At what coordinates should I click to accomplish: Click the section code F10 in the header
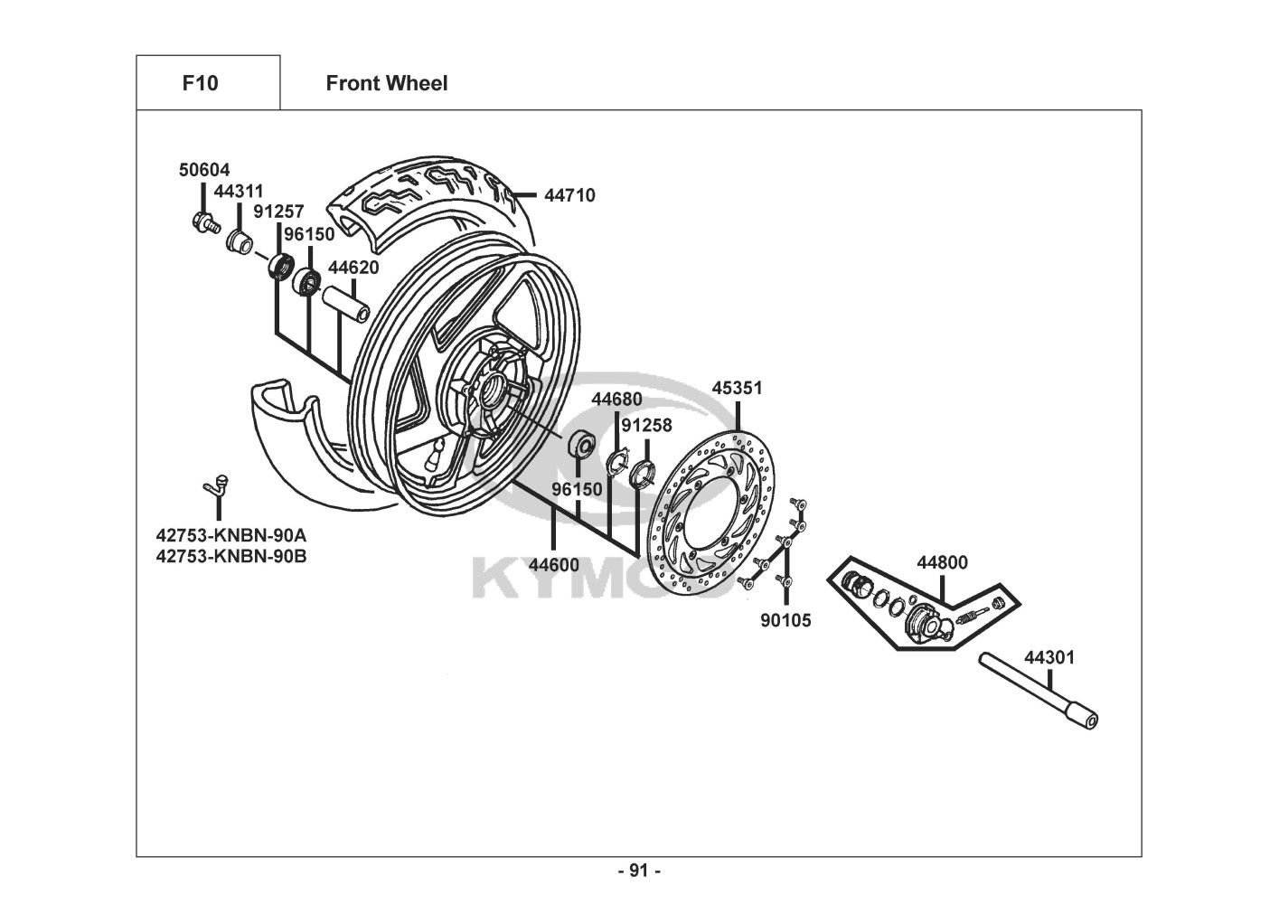tap(200, 83)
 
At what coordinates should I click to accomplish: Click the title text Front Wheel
tap(386, 83)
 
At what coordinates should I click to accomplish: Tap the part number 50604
tap(204, 170)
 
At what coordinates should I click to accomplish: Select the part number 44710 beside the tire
tap(569, 194)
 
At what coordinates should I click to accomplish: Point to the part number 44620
tap(353, 268)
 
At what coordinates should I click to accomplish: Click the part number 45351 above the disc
tap(737, 388)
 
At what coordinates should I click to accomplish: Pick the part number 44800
tap(942, 562)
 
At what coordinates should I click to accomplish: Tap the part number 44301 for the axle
tap(1049, 657)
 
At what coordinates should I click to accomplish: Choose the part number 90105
tap(785, 620)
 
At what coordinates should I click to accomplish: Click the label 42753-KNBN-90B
tap(231, 556)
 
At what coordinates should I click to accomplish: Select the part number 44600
tap(554, 565)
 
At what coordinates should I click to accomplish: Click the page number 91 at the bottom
tap(639, 871)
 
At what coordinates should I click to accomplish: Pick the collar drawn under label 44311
tap(239, 241)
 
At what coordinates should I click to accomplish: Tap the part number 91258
tap(646, 425)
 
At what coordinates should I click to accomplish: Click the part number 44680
tap(616, 400)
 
